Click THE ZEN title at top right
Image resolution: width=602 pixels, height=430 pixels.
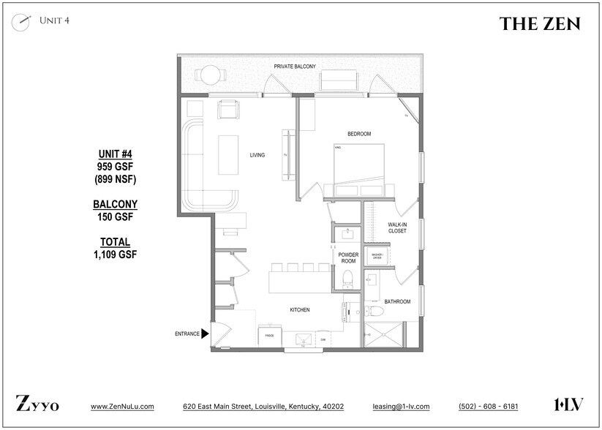coord(540,24)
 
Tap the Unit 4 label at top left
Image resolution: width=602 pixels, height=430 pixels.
coord(54,20)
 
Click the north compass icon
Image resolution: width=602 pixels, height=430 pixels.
coord(21,21)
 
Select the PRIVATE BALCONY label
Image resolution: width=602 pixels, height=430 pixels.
coord(295,67)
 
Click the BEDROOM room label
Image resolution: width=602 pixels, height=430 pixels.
coord(359,134)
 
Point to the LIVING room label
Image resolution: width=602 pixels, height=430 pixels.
coord(257,155)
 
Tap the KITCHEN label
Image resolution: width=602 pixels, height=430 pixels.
coord(300,310)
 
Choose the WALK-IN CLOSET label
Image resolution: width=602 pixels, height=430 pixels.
coord(396,228)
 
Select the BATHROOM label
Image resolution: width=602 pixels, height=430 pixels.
coord(397,301)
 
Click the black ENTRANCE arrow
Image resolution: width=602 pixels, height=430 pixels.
coord(206,333)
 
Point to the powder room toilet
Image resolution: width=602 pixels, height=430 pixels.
coord(347,278)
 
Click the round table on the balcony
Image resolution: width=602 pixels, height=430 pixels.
coord(211,75)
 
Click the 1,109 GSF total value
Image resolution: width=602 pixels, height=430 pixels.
coord(115,254)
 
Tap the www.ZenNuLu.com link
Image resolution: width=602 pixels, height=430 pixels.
coord(122,407)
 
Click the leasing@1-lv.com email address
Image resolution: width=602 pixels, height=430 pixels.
coord(401,407)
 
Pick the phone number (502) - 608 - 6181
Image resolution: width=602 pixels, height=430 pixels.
coord(488,407)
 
